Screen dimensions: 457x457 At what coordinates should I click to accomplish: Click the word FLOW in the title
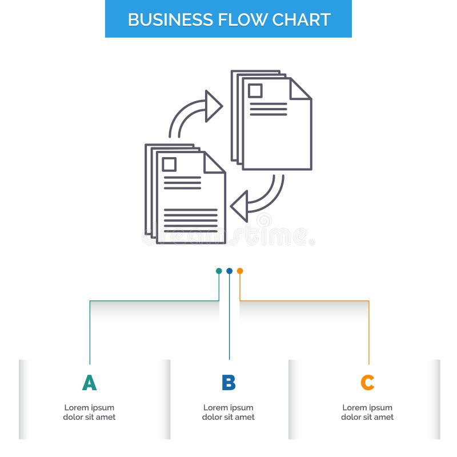(x=236, y=19)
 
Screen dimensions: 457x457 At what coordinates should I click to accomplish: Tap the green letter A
(x=90, y=383)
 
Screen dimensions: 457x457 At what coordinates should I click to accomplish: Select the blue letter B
(x=228, y=383)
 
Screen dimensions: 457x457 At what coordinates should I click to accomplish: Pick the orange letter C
(x=367, y=383)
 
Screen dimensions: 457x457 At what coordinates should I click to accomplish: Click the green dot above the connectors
(x=219, y=271)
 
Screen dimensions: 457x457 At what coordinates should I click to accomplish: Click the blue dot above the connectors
(x=229, y=271)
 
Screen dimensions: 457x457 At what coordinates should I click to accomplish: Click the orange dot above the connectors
(x=240, y=271)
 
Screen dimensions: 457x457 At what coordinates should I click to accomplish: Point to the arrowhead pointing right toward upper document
(x=214, y=106)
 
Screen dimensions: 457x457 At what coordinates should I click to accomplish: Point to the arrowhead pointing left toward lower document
(x=239, y=205)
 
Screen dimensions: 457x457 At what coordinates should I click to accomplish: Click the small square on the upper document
(x=255, y=90)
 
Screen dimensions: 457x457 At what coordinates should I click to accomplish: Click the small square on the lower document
(x=169, y=165)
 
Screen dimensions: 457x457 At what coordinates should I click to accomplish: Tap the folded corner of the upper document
(x=299, y=90)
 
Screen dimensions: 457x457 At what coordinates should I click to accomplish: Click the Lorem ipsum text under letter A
(x=89, y=412)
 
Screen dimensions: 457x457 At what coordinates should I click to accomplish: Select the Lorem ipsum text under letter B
(x=228, y=412)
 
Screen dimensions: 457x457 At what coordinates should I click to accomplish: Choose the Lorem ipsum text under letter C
(x=367, y=412)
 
